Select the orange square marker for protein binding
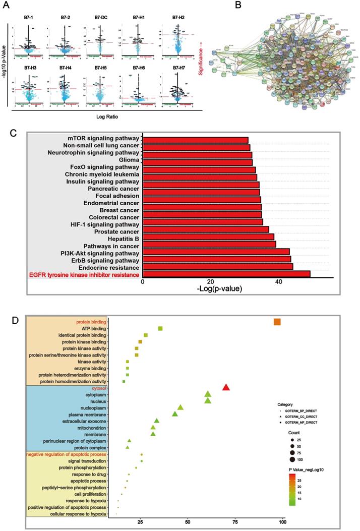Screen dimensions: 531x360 coord(277,322)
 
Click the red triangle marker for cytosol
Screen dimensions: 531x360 coord(226,387)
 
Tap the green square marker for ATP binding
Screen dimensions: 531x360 coord(160,328)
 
